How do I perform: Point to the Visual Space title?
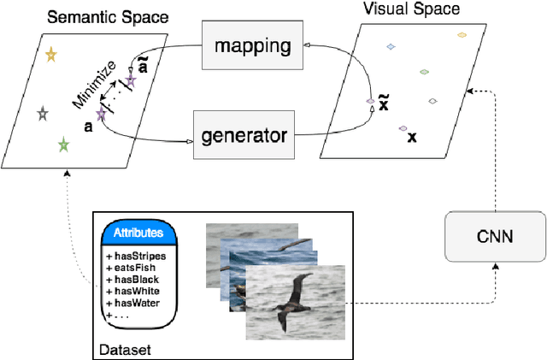[x=422, y=9]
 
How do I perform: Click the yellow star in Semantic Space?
[x=50, y=56]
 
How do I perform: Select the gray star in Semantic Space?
[x=43, y=113]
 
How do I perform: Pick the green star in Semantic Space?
[x=63, y=145]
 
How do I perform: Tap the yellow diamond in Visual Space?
[x=462, y=35]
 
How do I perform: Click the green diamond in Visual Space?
[x=423, y=72]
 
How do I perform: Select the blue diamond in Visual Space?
[x=391, y=46]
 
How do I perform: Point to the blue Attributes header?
[x=138, y=233]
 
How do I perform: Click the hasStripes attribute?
[x=136, y=255]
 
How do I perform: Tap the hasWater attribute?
[x=133, y=302]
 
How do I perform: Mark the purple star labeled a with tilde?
[x=131, y=81]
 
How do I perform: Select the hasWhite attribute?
[x=133, y=290]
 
